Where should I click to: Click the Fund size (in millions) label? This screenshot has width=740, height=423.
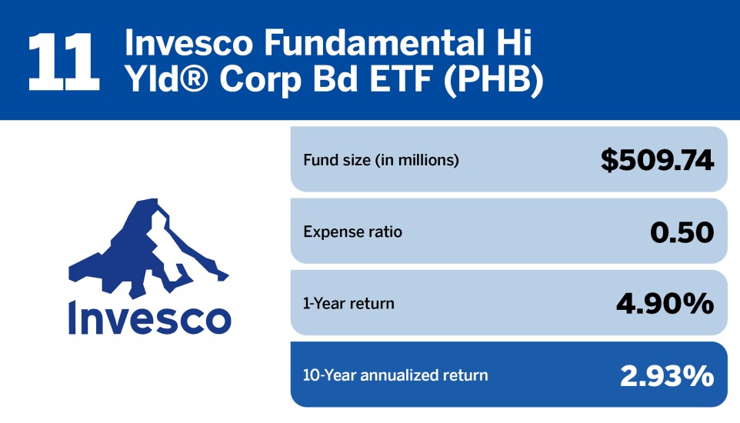[381, 161]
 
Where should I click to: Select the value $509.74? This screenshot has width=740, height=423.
[657, 160]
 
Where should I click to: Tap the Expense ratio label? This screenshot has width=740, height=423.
[352, 231]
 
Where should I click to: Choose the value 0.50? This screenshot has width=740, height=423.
[682, 231]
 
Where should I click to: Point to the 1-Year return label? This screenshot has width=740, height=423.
[348, 303]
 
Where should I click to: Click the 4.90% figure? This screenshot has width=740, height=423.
[665, 304]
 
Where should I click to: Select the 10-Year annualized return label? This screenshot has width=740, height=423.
[395, 375]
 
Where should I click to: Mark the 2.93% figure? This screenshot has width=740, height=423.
[667, 375]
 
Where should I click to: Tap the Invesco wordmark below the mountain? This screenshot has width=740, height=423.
[148, 318]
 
